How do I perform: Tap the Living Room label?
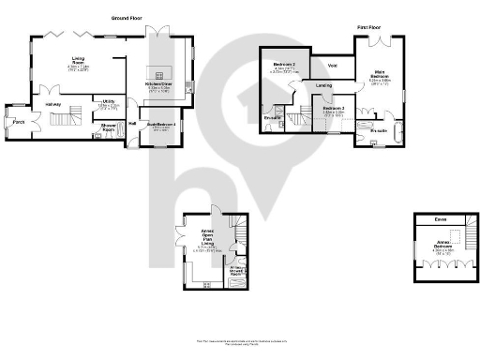click(79, 62)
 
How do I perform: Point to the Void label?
click(333, 66)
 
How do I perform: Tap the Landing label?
click(323, 86)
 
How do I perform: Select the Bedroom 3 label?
click(333, 109)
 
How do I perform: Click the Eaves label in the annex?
click(440, 221)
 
